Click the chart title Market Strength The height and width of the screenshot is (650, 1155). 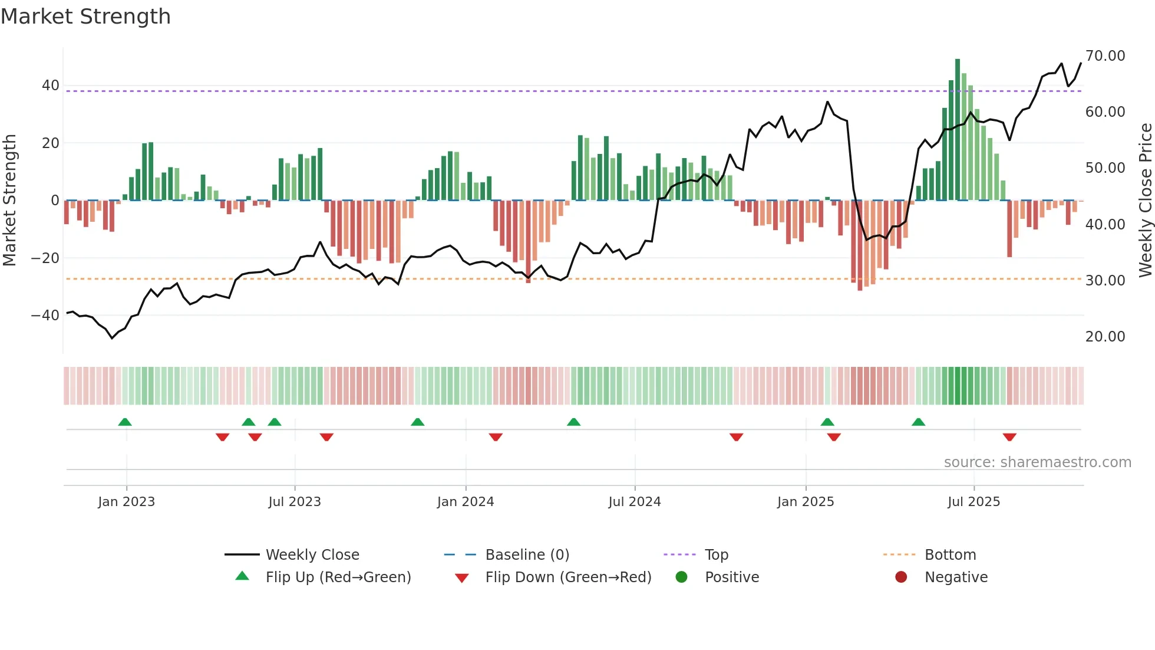(x=85, y=17)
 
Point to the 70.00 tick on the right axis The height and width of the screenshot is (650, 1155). (x=1105, y=56)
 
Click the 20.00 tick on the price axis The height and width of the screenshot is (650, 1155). (x=1105, y=337)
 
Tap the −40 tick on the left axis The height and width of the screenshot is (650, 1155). (x=45, y=316)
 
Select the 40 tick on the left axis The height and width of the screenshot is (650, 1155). (x=50, y=86)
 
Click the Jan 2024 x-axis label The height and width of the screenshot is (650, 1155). (x=465, y=502)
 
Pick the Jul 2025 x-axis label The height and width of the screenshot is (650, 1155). (x=973, y=502)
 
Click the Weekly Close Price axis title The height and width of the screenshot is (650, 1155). (x=1145, y=201)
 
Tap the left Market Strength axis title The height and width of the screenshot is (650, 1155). (x=9, y=201)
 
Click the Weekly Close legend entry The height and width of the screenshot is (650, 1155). (x=312, y=555)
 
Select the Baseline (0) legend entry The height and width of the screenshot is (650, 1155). (x=527, y=555)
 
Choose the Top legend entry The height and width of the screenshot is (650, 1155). (x=716, y=555)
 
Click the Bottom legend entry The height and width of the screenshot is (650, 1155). (x=950, y=555)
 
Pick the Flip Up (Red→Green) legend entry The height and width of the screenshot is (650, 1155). (x=338, y=577)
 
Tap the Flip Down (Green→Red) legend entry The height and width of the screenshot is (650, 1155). (x=568, y=577)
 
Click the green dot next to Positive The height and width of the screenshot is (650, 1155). (x=682, y=577)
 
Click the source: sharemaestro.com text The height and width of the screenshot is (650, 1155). (x=1037, y=462)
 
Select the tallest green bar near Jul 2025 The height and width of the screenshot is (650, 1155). (x=958, y=130)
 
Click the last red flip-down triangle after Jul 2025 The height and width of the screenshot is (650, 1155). (x=1009, y=437)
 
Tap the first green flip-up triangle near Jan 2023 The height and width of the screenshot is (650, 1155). (x=125, y=422)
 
